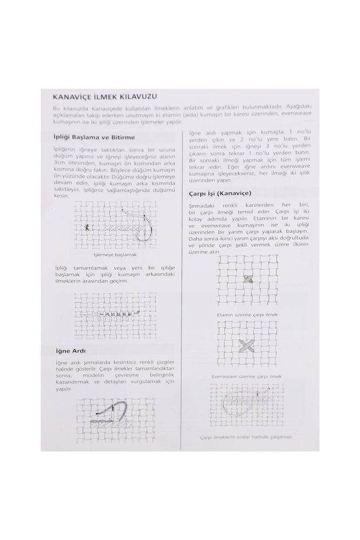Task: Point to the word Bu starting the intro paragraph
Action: (x=56, y=108)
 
